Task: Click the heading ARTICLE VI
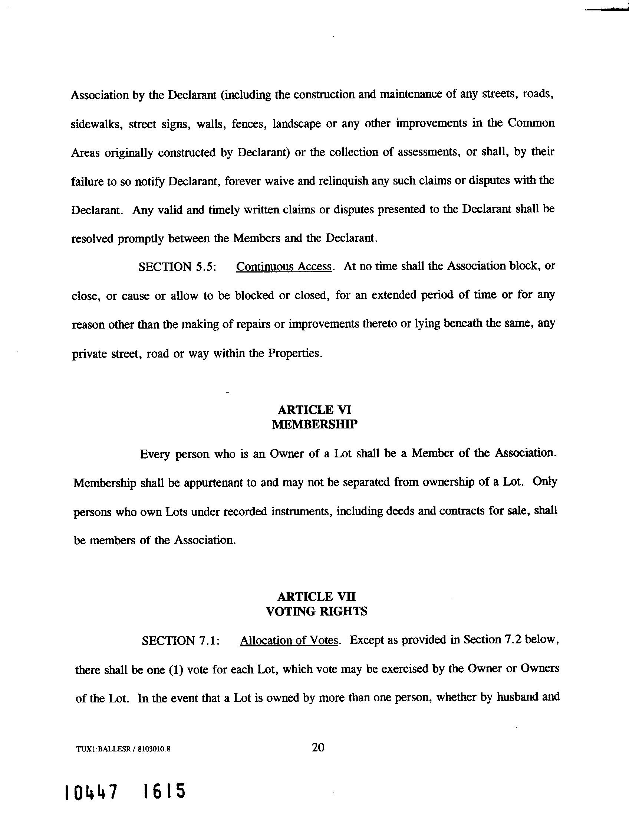[314, 410]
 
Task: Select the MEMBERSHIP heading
[314, 424]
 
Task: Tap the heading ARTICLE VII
[316, 597]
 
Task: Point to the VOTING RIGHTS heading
[316, 611]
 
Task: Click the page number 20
[318, 747]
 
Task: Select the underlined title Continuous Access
[284, 267]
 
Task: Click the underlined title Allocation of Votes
[289, 640]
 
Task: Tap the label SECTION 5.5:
[177, 267]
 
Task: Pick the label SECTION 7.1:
[180, 640]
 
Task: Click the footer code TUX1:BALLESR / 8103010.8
[123, 749]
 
